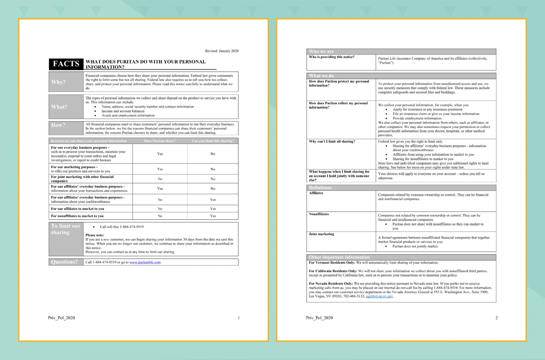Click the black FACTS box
pos(66,64)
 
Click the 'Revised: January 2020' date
pos(222,51)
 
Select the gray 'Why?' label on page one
pos(59,82)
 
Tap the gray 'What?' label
pos(59,107)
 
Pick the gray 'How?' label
pos(59,125)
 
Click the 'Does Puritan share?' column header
pos(160,141)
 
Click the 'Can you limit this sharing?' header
pos(213,141)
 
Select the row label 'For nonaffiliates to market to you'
pos(77,216)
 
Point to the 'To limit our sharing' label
pos(65,229)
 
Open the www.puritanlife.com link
pos(145,262)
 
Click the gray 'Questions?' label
pos(64,262)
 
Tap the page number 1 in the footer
pos(238,318)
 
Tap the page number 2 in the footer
pos(496,318)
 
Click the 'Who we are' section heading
pos(321,51)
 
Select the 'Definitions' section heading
pos(320,187)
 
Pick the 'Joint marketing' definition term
pos(321,234)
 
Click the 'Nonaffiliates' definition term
pos(319,214)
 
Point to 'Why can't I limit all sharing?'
pos(332,142)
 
